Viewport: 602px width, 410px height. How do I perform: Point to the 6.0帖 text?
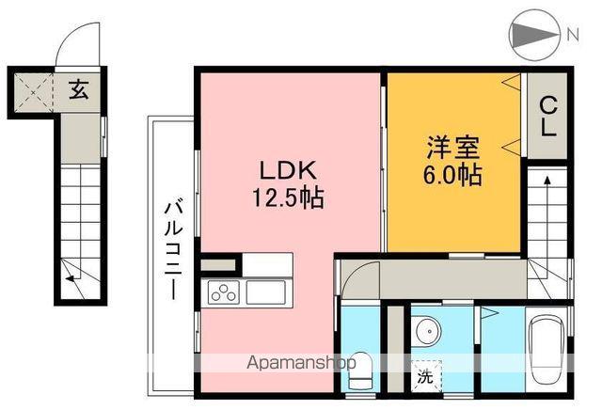453,175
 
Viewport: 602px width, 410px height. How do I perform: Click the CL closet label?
547,118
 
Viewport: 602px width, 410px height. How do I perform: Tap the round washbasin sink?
426,332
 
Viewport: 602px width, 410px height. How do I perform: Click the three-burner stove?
224,293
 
